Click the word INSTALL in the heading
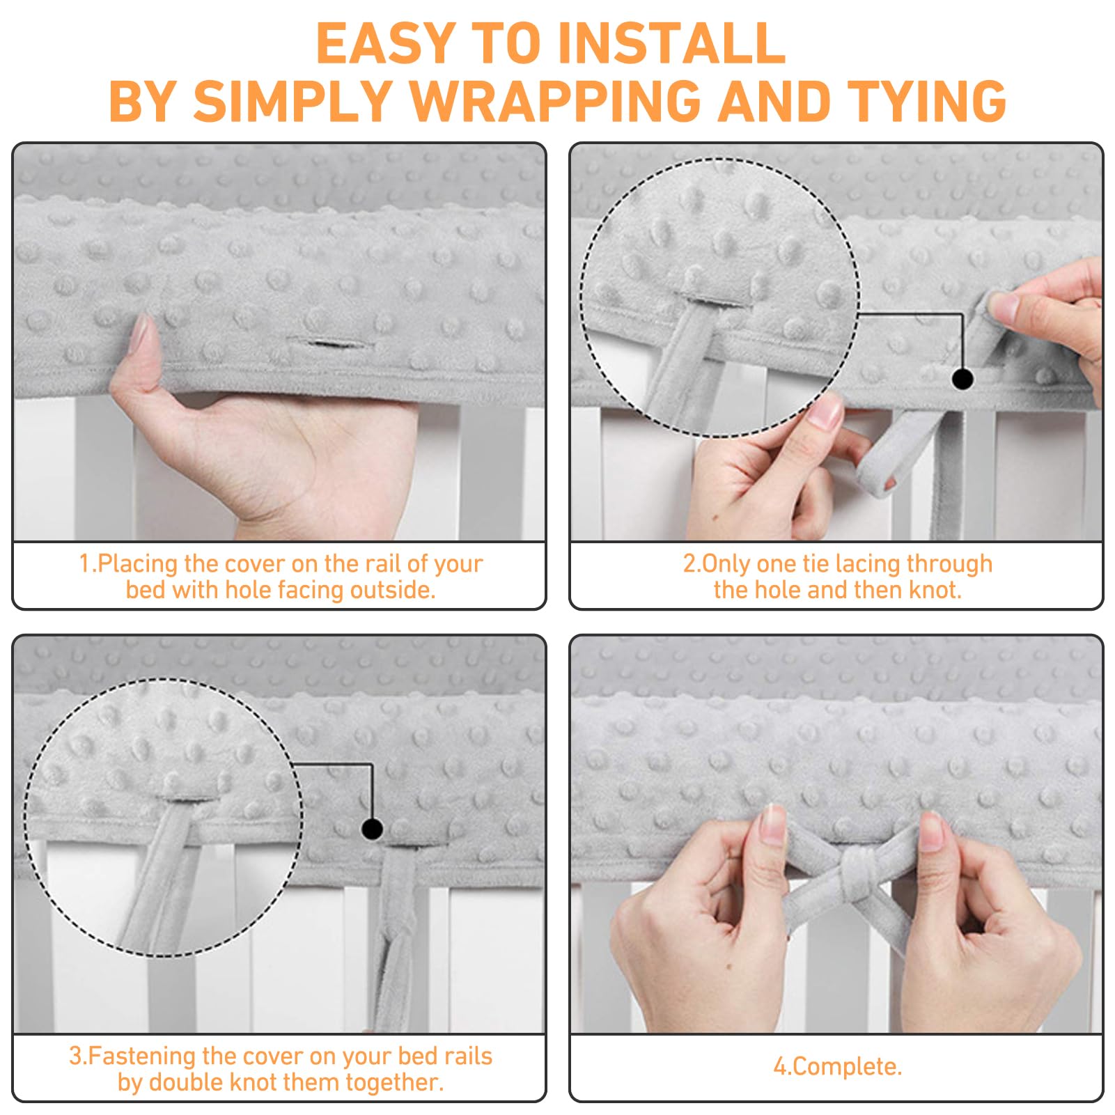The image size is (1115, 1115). point(671,43)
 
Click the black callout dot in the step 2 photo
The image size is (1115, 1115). point(962,380)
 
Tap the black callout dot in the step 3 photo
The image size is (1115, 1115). point(373,829)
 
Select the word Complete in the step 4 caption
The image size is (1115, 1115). point(845,1066)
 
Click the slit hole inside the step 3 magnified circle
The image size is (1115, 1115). point(188,797)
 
